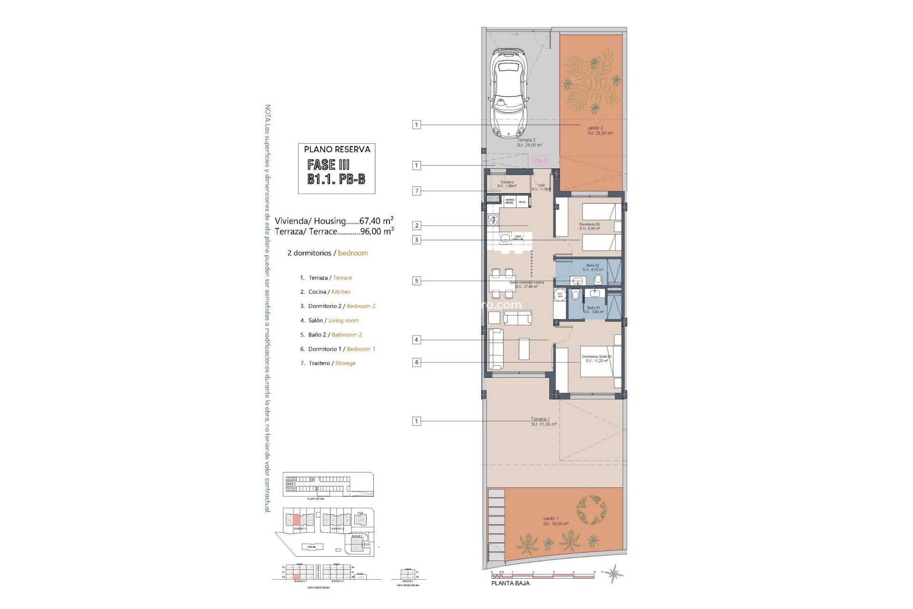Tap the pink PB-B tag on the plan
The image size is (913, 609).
pos(541,161)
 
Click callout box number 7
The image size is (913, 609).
pos(417,191)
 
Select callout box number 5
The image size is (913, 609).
pos(417,281)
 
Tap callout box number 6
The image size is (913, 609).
pos(417,362)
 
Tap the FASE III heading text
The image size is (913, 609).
pos(329,165)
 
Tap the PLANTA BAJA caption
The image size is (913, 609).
pos(510,583)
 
